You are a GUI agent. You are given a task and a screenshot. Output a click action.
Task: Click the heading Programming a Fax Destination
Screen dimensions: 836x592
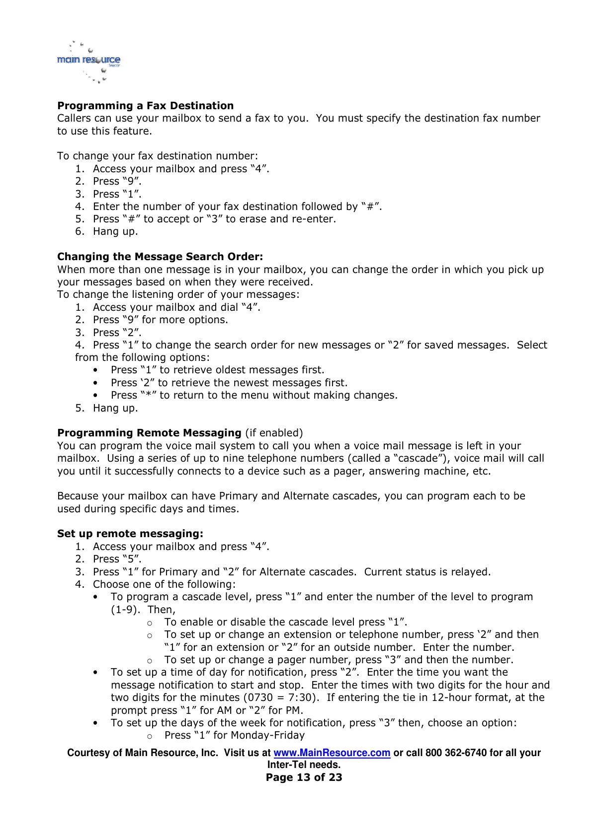click(145, 106)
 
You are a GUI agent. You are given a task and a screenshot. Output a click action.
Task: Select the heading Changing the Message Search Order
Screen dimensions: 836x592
click(160, 257)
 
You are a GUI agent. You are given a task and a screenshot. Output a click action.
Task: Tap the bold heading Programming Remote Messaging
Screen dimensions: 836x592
click(149, 433)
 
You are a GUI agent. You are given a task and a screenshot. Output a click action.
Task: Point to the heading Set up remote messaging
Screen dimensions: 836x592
click(130, 534)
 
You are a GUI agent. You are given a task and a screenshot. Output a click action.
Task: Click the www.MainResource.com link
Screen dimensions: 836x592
click(332, 753)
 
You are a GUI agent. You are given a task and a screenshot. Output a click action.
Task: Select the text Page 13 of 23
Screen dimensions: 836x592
click(304, 777)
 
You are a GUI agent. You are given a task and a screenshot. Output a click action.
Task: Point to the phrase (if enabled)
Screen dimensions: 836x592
click(274, 433)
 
